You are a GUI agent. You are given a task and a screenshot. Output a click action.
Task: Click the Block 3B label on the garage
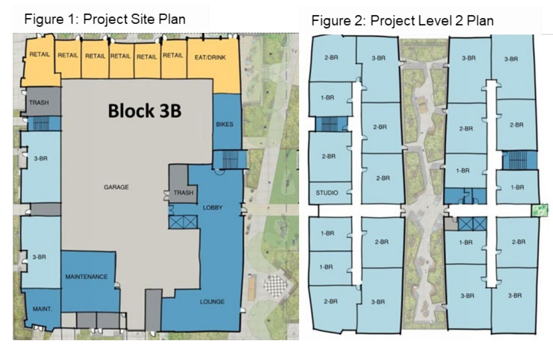(145, 111)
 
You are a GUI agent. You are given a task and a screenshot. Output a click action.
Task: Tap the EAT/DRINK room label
(210, 57)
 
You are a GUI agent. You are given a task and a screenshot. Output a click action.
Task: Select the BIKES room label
(224, 124)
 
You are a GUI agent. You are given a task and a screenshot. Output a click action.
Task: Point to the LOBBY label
(213, 207)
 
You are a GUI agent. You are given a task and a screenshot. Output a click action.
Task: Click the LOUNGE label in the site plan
(212, 302)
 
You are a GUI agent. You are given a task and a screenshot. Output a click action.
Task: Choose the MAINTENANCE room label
(86, 277)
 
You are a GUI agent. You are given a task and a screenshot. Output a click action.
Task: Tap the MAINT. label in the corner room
(42, 309)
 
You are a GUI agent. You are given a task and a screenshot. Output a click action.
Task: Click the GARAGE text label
(116, 187)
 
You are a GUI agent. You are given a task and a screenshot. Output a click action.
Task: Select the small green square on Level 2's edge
(540, 210)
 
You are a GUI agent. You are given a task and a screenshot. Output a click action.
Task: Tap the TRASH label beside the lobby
(183, 192)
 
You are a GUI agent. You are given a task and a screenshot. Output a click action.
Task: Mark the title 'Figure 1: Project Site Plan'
(105, 19)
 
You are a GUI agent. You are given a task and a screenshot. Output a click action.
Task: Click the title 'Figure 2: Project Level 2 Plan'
(402, 20)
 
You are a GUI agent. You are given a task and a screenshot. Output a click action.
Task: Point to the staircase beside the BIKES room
(230, 160)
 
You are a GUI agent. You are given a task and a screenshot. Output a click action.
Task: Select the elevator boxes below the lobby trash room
(183, 222)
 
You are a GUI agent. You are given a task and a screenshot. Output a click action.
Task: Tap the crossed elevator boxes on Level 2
(472, 224)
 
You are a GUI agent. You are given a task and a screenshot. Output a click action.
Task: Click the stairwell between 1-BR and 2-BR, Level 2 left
(331, 124)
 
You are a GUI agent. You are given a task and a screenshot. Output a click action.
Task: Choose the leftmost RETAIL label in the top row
(40, 54)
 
